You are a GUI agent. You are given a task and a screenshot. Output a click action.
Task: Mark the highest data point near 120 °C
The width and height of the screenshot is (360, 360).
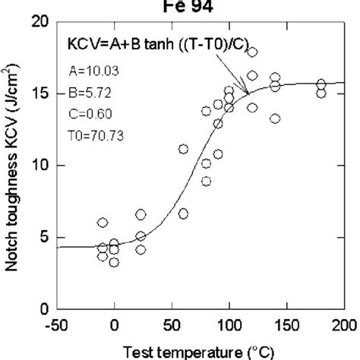click(252, 52)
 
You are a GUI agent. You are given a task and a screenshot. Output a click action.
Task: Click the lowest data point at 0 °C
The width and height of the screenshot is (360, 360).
click(114, 262)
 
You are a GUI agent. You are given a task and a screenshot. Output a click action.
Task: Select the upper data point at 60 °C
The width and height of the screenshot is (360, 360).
click(183, 149)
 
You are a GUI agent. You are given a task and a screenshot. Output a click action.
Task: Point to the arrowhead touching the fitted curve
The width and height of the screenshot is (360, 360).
click(247, 92)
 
